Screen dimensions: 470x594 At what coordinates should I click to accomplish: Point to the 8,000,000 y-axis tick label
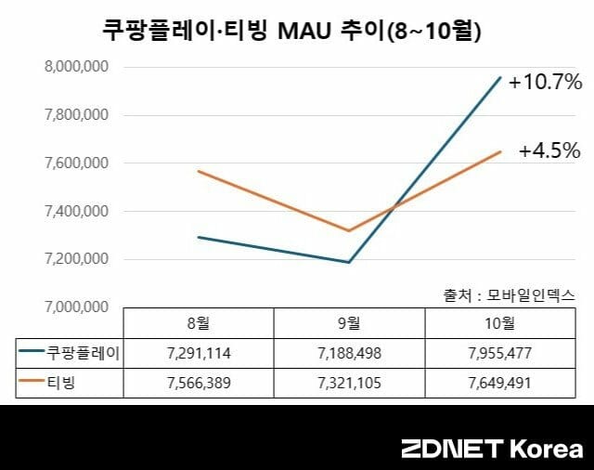pyautogui.click(x=77, y=67)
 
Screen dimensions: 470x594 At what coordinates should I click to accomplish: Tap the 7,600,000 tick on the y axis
pyautogui.click(x=77, y=163)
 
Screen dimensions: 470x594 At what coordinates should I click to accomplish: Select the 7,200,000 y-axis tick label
pyautogui.click(x=77, y=259)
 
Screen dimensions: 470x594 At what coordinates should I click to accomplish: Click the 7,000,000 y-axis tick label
pyautogui.click(x=77, y=307)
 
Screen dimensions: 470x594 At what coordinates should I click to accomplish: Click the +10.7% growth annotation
pyautogui.click(x=545, y=83)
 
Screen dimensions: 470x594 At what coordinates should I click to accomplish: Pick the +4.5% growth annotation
pyautogui.click(x=549, y=150)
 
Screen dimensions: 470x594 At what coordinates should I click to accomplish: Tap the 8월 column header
pyautogui.click(x=198, y=323)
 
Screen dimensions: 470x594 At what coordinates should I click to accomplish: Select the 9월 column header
pyautogui.click(x=349, y=323)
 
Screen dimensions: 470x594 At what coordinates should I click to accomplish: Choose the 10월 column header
pyautogui.click(x=500, y=323)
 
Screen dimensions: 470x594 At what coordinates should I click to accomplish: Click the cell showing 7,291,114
pyautogui.click(x=198, y=353)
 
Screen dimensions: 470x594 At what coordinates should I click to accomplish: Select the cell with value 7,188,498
pyautogui.click(x=349, y=353)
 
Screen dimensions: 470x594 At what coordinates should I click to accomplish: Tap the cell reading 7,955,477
pyautogui.click(x=500, y=353)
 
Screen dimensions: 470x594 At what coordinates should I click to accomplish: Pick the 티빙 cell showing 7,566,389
pyautogui.click(x=198, y=382)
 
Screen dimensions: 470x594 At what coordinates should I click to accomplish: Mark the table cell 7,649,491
pyautogui.click(x=500, y=382)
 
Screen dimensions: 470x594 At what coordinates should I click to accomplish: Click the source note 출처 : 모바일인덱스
pyautogui.click(x=509, y=294)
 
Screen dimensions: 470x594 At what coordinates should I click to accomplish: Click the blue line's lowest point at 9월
pyautogui.click(x=349, y=262)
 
